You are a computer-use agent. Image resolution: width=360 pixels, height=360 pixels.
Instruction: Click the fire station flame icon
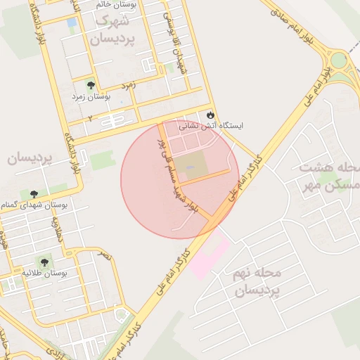pos(209,115)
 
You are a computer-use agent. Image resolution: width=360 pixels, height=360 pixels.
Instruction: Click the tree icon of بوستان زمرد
pos(89,84)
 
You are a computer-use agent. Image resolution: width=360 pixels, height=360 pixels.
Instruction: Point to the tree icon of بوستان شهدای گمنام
pos(34,193)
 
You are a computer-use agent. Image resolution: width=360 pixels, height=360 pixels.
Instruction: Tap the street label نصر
pos(105,255)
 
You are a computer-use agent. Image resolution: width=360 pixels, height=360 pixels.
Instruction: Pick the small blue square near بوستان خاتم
pos(72,22)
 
